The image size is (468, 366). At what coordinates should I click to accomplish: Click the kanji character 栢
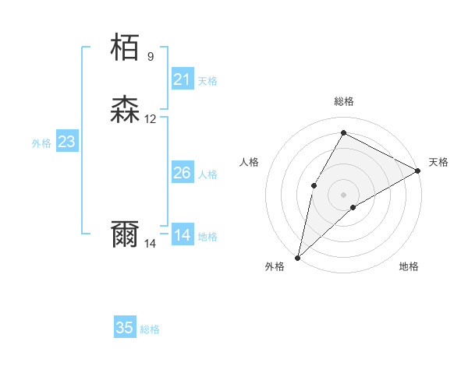point(126,48)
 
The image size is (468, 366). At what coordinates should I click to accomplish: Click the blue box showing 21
point(182,79)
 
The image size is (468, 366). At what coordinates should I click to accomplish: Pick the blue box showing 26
point(182,173)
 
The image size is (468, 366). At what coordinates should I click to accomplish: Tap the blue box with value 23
point(66,142)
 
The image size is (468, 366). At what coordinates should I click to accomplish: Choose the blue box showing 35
point(125,328)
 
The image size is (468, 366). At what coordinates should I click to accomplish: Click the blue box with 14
point(182,235)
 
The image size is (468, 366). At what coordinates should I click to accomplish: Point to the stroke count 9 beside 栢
point(151,56)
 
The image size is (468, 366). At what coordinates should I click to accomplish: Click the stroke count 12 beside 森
point(151,118)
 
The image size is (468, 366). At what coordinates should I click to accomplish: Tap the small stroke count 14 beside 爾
point(151,244)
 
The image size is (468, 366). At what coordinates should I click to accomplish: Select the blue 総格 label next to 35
point(150,329)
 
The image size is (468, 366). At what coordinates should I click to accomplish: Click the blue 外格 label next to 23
point(41,143)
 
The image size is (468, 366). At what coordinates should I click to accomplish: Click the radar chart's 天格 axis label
point(438,162)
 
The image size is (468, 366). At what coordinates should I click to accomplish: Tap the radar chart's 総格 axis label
point(344,101)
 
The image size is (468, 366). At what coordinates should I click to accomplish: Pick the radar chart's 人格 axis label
point(250,162)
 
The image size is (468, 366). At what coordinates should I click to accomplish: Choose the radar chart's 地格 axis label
point(409,267)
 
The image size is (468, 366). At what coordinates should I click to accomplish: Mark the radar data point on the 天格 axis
point(418,171)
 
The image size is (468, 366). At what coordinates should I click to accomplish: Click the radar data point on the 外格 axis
point(297,257)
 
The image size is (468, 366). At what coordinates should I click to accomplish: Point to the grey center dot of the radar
point(344,194)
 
